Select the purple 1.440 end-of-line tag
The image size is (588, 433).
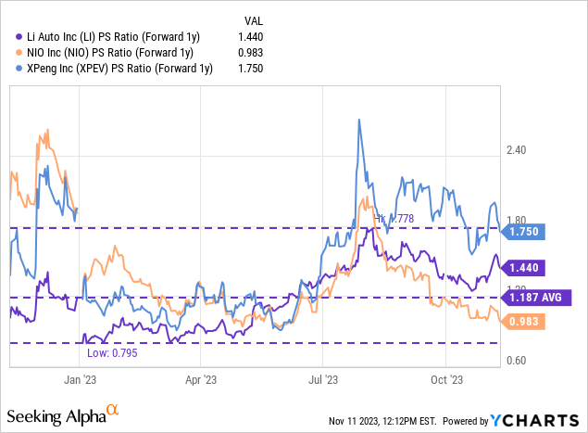[523, 267]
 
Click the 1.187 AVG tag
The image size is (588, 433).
[538, 298]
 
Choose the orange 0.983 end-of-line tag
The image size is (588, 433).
[523, 321]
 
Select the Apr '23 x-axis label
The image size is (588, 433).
[202, 379]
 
